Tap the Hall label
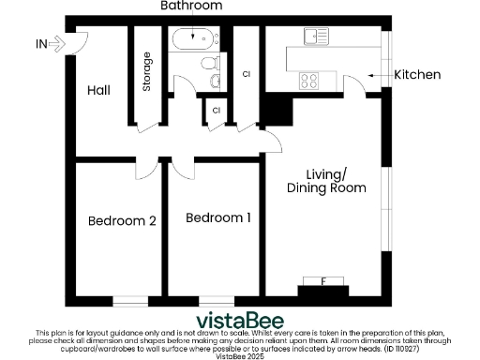(x=99, y=91)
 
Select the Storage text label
(x=147, y=72)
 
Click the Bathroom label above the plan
(x=191, y=7)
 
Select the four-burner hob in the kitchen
(x=309, y=81)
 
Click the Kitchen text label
(x=416, y=75)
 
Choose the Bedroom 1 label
(x=217, y=218)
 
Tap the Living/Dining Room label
(x=326, y=181)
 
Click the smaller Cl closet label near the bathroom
(x=216, y=111)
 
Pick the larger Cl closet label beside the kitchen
(x=247, y=72)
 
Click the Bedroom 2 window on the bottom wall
(x=130, y=300)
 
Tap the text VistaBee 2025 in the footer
(x=240, y=356)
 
